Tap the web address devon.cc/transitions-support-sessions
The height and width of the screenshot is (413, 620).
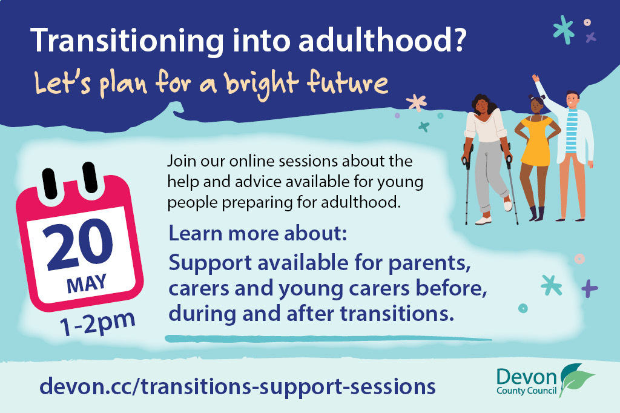237,386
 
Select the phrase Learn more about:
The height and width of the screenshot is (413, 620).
257,234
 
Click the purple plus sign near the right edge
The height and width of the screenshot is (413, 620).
589,289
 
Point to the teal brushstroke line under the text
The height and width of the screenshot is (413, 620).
327,338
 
